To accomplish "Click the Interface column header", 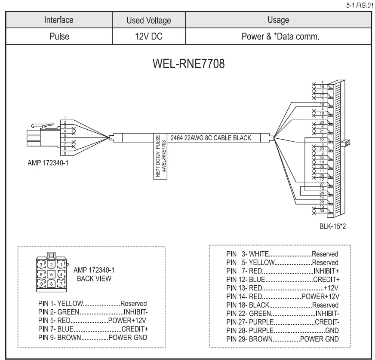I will pos(59,20).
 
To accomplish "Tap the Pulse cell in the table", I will pos(59,37).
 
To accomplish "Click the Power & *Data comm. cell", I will pos(278,37).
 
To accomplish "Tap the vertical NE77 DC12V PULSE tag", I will pos(161,156).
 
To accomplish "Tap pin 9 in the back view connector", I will pos(42,284).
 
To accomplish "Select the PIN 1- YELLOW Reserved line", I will pos(92,303).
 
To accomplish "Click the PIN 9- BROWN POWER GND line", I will pos(92,338).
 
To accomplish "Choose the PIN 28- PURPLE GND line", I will pos(282,330).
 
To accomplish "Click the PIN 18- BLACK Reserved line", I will pos(282,305).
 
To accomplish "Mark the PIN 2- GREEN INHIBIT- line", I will pos(92,312).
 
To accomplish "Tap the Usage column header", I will pos(278,20).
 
